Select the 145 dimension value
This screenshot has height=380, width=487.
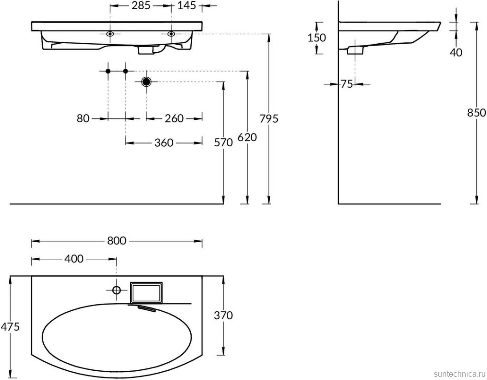pyautogui.click(x=186, y=7)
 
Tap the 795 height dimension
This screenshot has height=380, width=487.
pyautogui.click(x=269, y=119)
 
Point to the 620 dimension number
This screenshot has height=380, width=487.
pyautogui.click(x=247, y=137)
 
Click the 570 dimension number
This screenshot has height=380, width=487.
pyautogui.click(x=224, y=142)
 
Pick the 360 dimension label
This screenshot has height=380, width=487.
pyautogui.click(x=164, y=143)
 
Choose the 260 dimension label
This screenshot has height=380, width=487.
pyautogui.click(x=174, y=119)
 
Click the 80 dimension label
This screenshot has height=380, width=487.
pyautogui.click(x=83, y=119)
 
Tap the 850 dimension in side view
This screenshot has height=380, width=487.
pyautogui.click(x=476, y=113)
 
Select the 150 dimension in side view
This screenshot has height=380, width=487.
pyautogui.click(x=317, y=37)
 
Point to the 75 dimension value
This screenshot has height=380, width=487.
pyautogui.click(x=347, y=84)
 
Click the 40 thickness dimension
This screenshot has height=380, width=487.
pyautogui.click(x=456, y=52)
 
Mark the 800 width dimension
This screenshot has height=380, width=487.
pyautogui.click(x=116, y=241)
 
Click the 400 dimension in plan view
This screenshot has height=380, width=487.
pyautogui.click(x=74, y=259)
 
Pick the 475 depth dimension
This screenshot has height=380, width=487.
pyautogui.click(x=10, y=327)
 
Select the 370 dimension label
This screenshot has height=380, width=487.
pyautogui.click(x=223, y=316)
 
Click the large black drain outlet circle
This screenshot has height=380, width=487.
pyautogui.click(x=146, y=81)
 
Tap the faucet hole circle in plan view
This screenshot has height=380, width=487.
pyautogui.click(x=116, y=290)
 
